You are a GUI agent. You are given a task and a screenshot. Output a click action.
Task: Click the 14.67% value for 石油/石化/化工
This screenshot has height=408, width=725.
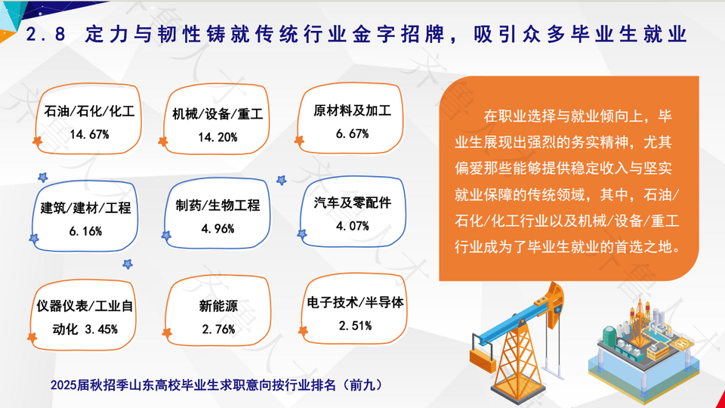(x=90, y=134)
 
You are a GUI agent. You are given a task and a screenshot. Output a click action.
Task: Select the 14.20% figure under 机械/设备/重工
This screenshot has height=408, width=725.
(x=217, y=138)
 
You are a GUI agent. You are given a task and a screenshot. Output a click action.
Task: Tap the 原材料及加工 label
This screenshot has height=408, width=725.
(x=353, y=110)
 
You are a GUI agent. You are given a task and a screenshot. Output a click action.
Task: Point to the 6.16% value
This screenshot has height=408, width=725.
(x=85, y=231)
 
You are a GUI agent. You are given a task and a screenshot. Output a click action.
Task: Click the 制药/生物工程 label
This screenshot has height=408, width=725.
(x=217, y=206)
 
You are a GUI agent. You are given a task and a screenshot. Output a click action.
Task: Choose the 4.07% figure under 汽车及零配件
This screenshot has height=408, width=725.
(x=353, y=226)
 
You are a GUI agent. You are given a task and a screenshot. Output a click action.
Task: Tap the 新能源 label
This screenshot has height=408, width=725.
(x=218, y=306)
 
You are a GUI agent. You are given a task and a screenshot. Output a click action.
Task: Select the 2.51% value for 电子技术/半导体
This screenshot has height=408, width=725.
(x=355, y=326)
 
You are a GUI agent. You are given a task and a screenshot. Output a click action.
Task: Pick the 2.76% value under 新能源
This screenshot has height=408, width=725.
(x=218, y=329)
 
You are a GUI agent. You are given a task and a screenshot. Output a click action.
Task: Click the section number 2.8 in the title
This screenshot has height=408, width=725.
(x=45, y=34)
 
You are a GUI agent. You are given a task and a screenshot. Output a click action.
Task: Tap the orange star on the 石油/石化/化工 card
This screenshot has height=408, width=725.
(x=38, y=141)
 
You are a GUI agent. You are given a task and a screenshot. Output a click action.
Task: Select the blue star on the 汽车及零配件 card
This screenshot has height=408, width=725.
(x=302, y=234)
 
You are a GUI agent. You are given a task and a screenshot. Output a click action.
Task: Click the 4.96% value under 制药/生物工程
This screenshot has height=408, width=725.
(x=217, y=229)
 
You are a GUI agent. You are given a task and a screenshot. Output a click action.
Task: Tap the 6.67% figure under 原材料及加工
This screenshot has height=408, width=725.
(x=353, y=134)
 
